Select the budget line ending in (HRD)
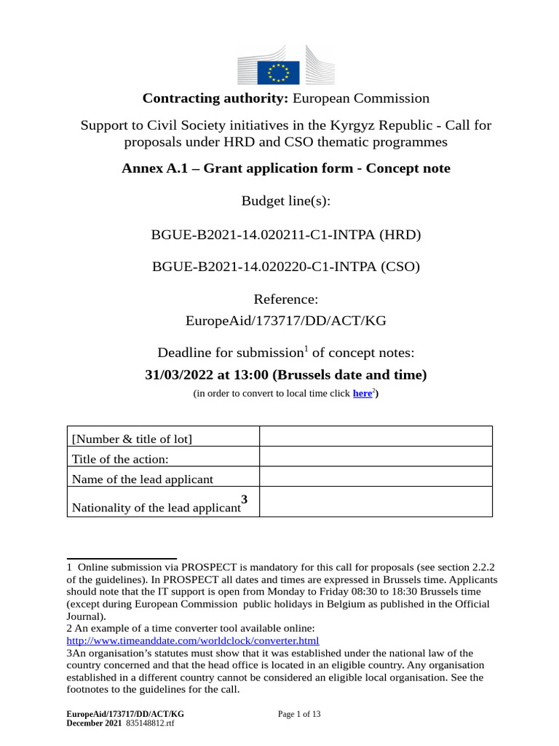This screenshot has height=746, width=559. pyautogui.click(x=286, y=235)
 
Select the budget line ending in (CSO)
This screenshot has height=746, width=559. pyautogui.click(x=286, y=267)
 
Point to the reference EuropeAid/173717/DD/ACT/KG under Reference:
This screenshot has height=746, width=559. pyautogui.click(x=286, y=321)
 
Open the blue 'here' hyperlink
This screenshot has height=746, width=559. pyautogui.click(x=362, y=393)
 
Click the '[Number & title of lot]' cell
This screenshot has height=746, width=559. pyautogui.click(x=132, y=439)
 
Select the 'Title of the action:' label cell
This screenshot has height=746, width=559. pyautogui.click(x=120, y=458)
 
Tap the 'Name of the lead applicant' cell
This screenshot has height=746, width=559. pyautogui.click(x=143, y=479)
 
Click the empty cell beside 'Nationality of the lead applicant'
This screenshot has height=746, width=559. pyautogui.click(x=376, y=503)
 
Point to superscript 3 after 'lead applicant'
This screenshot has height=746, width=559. pyautogui.click(x=245, y=499)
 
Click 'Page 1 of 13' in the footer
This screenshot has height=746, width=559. pyautogui.click(x=299, y=715)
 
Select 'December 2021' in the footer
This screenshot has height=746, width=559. pyautogui.click(x=94, y=723)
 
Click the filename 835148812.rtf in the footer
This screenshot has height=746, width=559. pyautogui.click(x=150, y=723)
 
